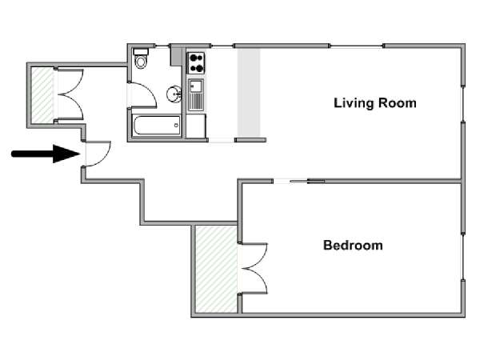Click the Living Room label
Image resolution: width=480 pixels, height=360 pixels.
click(x=375, y=103)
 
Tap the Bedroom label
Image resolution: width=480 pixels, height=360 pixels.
click(x=353, y=246)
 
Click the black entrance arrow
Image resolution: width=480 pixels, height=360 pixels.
click(x=46, y=154)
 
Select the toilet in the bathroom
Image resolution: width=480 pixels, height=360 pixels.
click(x=141, y=58)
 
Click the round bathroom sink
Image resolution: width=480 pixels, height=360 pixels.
click(x=174, y=94)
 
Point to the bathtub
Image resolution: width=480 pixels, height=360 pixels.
click(x=157, y=125)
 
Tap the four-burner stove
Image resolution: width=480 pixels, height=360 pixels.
click(x=196, y=62)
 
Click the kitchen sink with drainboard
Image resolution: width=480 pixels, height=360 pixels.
click(x=196, y=94)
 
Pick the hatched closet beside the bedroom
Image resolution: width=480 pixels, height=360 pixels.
click(x=217, y=269)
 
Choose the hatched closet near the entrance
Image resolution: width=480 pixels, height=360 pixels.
click(x=42, y=94)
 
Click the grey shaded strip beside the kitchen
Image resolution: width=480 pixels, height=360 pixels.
click(x=249, y=93)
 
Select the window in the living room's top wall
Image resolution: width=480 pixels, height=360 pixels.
click(x=356, y=46)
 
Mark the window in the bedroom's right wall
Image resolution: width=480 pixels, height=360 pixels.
click(x=463, y=257)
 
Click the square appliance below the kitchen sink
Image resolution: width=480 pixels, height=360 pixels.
click(x=196, y=126)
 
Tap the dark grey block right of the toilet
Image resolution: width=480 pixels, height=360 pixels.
click(x=176, y=56)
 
